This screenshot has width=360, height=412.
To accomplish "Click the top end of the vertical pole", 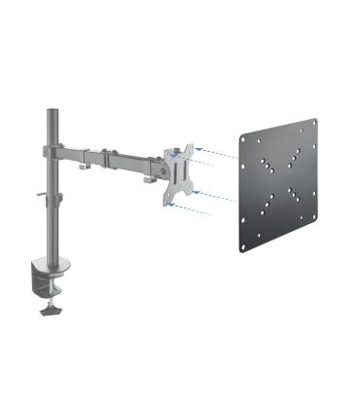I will [47, 101].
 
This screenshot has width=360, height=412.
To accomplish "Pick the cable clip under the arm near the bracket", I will [148, 177].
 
